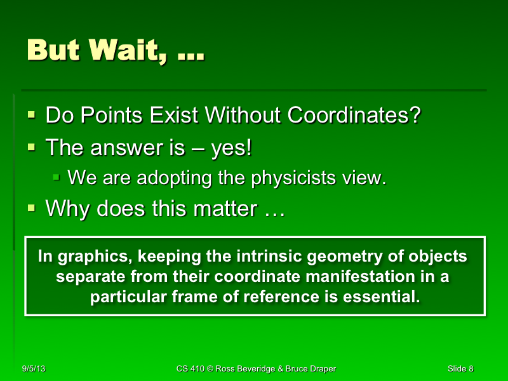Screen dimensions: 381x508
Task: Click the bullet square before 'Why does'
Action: click(x=32, y=208)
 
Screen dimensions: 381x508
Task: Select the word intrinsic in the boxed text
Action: click(x=279, y=257)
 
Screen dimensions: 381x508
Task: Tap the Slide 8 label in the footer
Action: click(x=460, y=369)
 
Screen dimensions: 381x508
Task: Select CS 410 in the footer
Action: click(x=190, y=369)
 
